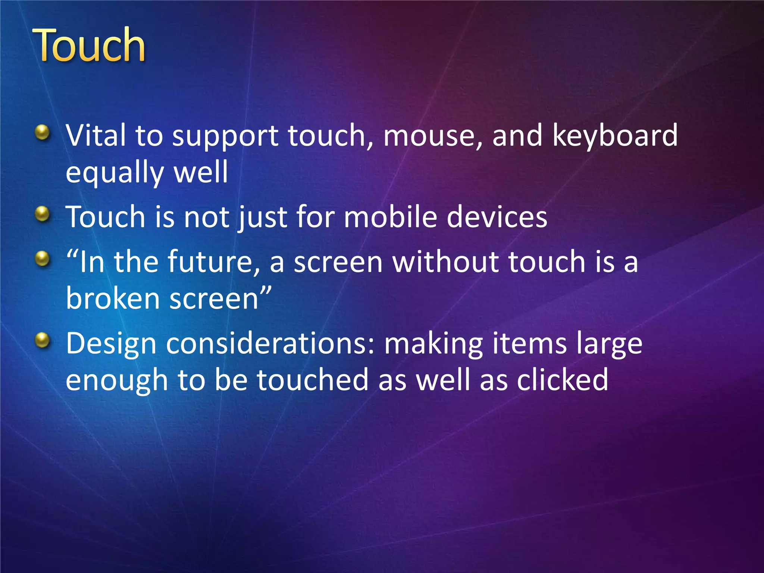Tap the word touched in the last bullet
tap(313, 379)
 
